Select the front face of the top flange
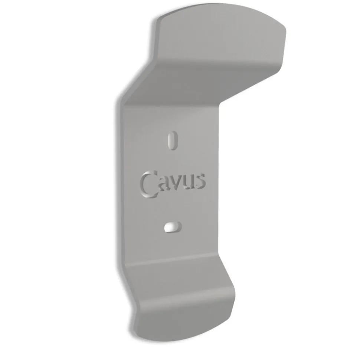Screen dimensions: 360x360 (219, 41)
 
